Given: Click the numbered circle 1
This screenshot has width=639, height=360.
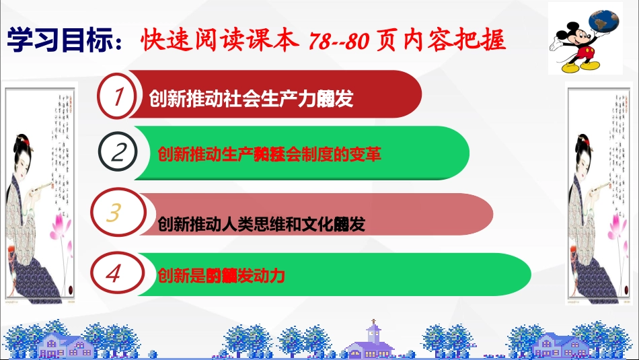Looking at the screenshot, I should pyautogui.click(x=119, y=98).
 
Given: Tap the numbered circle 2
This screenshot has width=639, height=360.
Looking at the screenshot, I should pyautogui.click(x=119, y=153).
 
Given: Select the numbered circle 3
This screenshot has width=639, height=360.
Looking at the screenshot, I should pyautogui.click(x=114, y=213).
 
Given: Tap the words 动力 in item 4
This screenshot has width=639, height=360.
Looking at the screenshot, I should pyautogui.click(x=273, y=275).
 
